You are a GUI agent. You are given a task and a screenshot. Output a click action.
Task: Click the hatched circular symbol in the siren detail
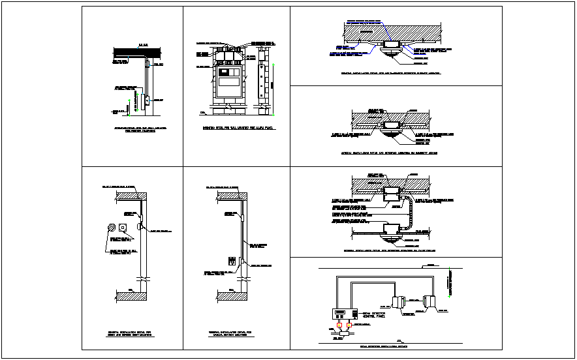point(111,228)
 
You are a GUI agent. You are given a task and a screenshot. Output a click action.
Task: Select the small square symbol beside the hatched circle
point(123,228)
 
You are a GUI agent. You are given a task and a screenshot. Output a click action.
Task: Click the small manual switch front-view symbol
point(230,261)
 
